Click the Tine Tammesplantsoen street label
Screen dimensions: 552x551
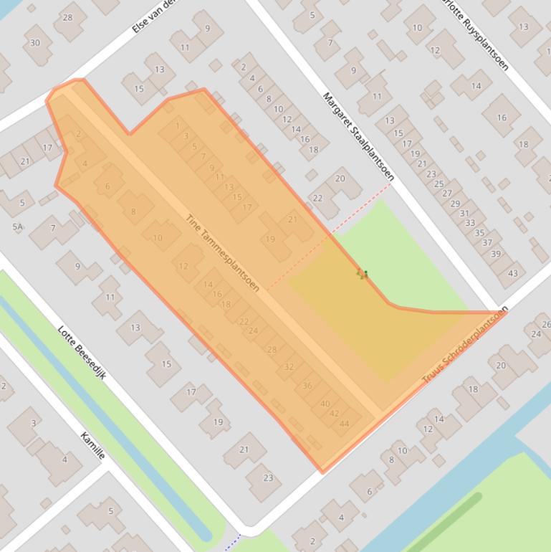[223, 253]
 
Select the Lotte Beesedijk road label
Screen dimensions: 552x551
[82, 352]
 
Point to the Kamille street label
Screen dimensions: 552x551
[93, 445]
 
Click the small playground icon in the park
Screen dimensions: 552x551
[363, 274]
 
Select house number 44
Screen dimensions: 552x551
[345, 424]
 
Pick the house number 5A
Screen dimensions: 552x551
[17, 227]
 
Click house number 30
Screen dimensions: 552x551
[35, 42]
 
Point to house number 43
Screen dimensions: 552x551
[513, 273]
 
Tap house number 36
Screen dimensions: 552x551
[307, 386]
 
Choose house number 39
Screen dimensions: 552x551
[495, 254]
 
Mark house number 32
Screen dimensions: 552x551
[289, 366]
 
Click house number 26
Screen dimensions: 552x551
[546, 325]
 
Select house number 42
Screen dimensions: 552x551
[335, 414]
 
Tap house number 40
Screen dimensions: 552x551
[325, 404]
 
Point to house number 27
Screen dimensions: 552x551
[447, 193]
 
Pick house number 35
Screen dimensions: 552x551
[479, 232]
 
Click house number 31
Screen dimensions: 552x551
[464, 213]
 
